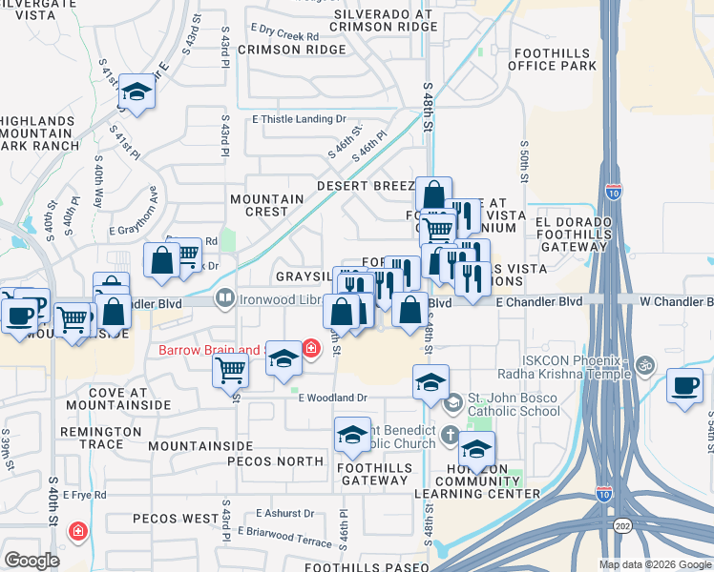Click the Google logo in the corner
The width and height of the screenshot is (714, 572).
coord(31,561)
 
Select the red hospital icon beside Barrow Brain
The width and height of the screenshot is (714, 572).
coord(311,350)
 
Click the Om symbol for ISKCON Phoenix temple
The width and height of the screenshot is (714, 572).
coord(643,364)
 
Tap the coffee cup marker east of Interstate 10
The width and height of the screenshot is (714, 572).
coord(684,386)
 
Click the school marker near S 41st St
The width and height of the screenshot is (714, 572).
coord(136,92)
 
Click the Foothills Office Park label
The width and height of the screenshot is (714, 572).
coord(553,59)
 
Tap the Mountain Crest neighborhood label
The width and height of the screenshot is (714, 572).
coord(267,206)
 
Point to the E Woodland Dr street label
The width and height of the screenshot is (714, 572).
coord(336,397)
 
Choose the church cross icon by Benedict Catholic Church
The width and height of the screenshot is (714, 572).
coord(450,431)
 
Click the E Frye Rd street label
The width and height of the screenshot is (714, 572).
coord(85,496)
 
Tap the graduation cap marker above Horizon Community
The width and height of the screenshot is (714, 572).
coord(476,446)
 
